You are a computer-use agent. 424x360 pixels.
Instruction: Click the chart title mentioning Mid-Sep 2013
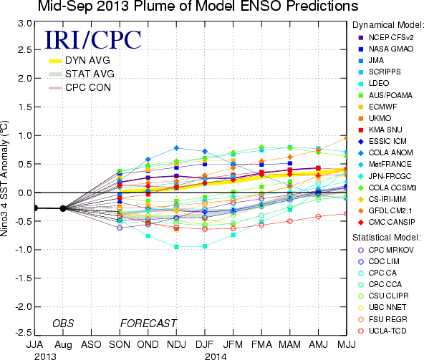pos(198,6)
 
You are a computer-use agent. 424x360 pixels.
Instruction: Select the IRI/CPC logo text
pos(93,40)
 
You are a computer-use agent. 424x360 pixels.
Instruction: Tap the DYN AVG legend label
pos(87,60)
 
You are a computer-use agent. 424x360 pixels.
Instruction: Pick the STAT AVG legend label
pos(90,74)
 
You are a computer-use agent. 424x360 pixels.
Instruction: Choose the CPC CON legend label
pos(88,87)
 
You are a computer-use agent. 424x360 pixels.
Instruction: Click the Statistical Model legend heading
pos(387,238)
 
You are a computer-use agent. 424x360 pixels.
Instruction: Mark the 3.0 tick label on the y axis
pos(25,24)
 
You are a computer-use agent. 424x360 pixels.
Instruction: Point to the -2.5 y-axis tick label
pos(23,332)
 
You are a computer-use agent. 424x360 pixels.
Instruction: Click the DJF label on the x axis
pos(205,344)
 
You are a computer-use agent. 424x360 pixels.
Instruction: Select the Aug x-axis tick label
pos(63,345)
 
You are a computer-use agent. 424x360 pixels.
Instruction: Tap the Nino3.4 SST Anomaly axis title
pos(4,178)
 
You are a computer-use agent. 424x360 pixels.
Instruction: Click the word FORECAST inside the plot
pos(148,323)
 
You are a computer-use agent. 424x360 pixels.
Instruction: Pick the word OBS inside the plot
pos(63,323)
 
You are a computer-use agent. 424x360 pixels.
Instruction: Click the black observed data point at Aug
pos(63,208)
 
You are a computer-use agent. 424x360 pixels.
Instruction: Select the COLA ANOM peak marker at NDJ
pos(177,148)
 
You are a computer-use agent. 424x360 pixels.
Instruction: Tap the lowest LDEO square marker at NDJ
pos(177,247)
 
